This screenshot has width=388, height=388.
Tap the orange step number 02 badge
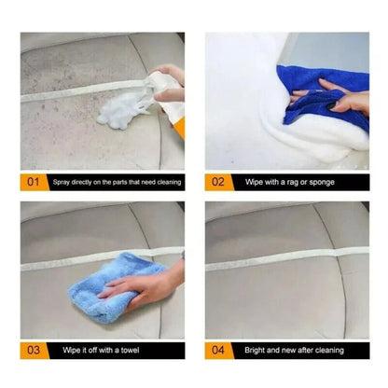217,183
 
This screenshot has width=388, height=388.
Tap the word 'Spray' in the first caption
62,183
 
